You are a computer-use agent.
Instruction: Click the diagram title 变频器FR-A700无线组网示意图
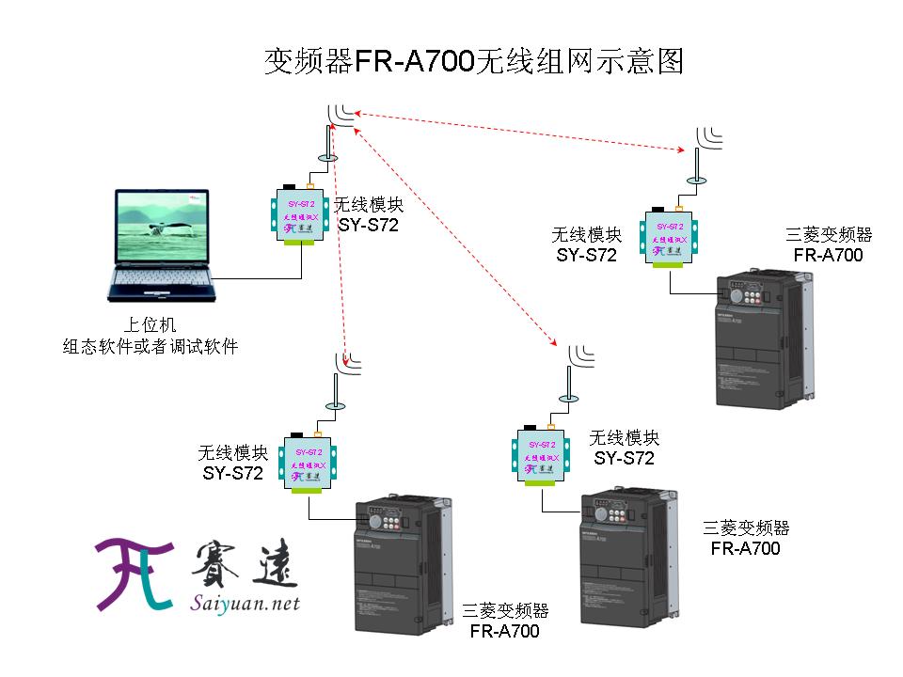[x=473, y=62]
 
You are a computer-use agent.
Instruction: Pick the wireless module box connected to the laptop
[x=302, y=214]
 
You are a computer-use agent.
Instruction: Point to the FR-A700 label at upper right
[x=828, y=255]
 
